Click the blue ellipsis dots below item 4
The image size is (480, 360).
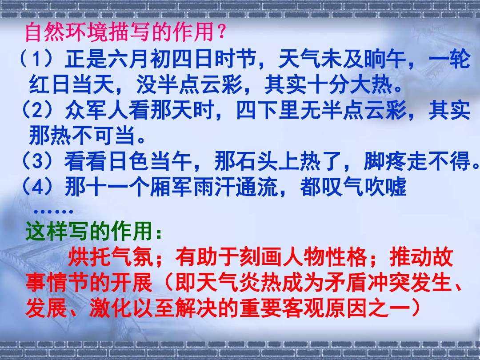tap(53, 211)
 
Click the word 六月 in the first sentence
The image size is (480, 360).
tap(129, 59)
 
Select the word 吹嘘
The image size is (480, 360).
tap(385, 186)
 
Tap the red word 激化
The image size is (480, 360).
tap(110, 308)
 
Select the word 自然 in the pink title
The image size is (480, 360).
tap(46, 32)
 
